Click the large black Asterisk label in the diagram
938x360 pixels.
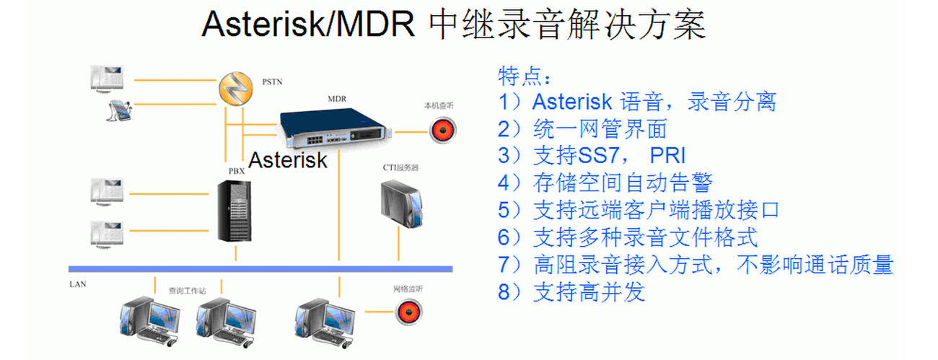(x=288, y=159)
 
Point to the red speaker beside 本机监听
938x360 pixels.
(x=443, y=131)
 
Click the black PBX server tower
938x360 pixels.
(x=235, y=211)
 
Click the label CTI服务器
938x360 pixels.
(x=401, y=167)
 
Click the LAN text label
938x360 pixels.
(x=77, y=284)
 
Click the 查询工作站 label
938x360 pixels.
(x=187, y=290)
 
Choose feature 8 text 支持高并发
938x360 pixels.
(x=589, y=292)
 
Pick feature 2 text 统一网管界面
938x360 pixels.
(x=600, y=129)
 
